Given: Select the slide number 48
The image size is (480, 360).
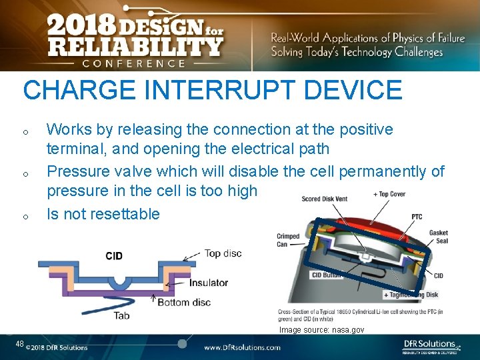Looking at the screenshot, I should (20, 344).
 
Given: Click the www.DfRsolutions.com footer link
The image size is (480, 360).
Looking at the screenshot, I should (242, 347).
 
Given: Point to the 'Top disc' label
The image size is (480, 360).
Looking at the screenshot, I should (223, 253).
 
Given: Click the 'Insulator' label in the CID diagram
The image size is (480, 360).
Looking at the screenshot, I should (209, 283).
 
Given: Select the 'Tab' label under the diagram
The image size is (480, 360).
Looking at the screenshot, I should (121, 315).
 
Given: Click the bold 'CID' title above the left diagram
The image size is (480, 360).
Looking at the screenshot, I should (114, 256).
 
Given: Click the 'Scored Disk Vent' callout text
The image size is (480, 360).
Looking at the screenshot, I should (324, 199).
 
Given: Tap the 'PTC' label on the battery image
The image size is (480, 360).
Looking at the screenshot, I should (416, 217).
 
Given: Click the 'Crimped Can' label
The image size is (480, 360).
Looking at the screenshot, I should (288, 240).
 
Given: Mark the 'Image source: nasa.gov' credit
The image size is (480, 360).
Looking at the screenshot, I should (321, 329).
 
